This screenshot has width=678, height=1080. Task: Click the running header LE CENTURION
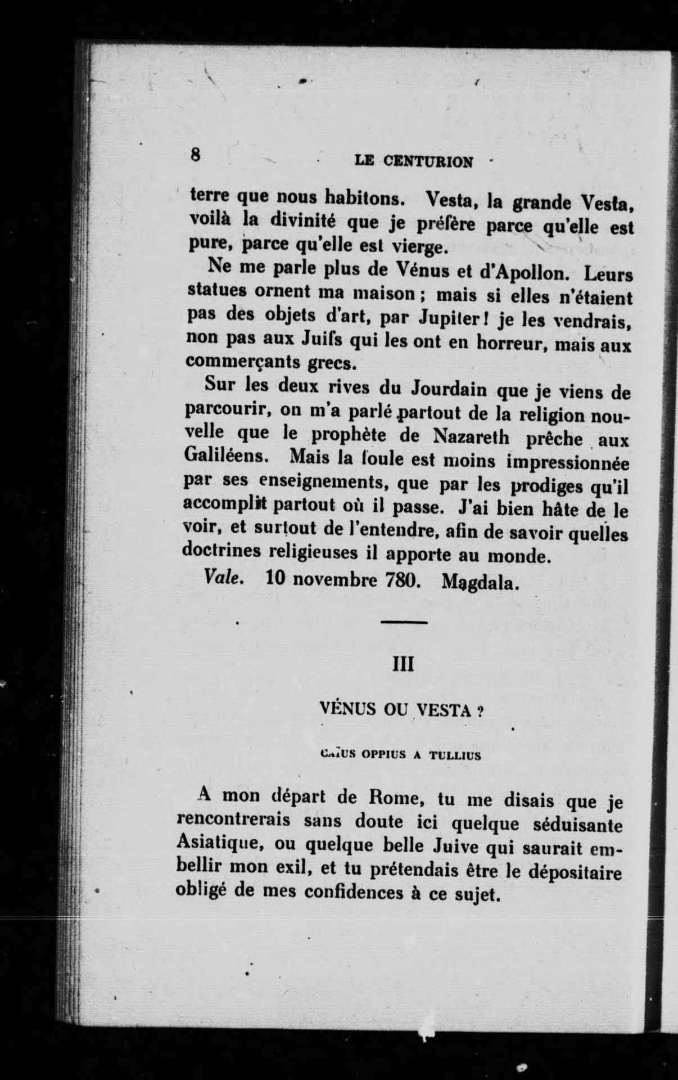pos(414,162)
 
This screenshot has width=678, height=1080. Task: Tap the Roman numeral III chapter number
pos(403,665)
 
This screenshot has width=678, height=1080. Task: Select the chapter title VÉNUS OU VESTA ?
pos(401,709)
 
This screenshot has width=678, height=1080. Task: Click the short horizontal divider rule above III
pos(404,622)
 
